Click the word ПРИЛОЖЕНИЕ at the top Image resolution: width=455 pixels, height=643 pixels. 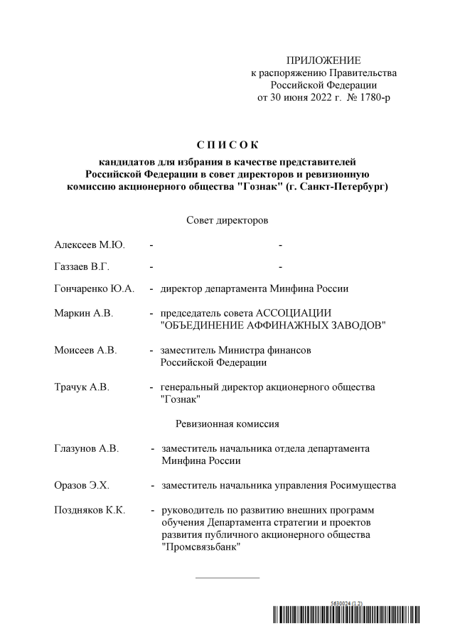(x=323, y=60)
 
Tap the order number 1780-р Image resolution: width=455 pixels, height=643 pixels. (x=373, y=96)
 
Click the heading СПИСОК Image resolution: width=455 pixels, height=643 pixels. (x=227, y=146)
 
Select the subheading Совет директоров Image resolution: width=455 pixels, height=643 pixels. (x=227, y=221)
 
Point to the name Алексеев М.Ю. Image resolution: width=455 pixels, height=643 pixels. (x=90, y=245)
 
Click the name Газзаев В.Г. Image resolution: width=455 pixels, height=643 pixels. (x=82, y=267)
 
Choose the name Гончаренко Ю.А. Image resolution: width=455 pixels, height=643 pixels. (x=94, y=289)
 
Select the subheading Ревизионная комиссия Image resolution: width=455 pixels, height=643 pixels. (x=227, y=424)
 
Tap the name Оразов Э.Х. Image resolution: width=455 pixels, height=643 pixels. (x=82, y=485)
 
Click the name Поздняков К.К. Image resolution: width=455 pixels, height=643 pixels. (x=90, y=510)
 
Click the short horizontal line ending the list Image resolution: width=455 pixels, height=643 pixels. (x=227, y=577)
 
